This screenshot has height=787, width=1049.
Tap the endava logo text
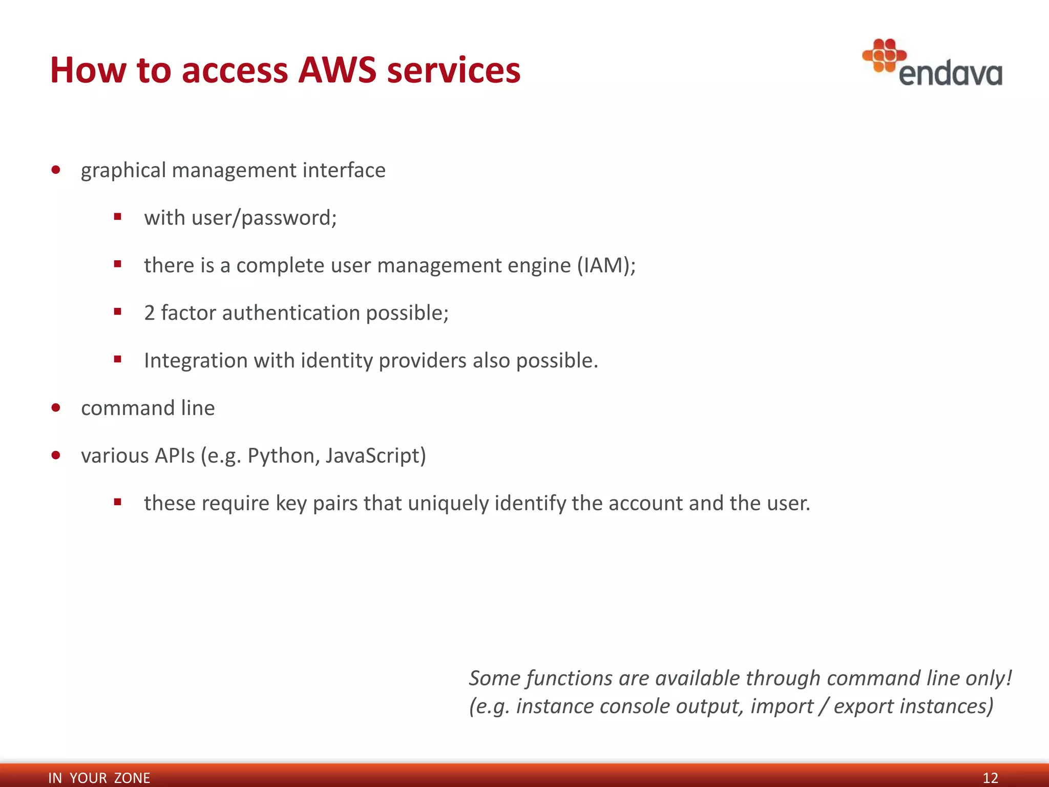coord(950,74)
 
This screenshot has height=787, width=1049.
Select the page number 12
coord(990,778)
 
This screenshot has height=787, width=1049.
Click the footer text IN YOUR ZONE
coord(99,778)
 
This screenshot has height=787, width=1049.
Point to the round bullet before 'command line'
coord(56,408)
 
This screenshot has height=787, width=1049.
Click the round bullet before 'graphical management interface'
coord(56,170)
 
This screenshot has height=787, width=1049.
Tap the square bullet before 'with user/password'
coord(118,217)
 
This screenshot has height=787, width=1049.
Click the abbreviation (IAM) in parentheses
coord(606,265)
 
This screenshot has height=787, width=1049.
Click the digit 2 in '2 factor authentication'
coord(149,313)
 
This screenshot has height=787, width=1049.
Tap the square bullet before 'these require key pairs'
coord(118,502)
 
